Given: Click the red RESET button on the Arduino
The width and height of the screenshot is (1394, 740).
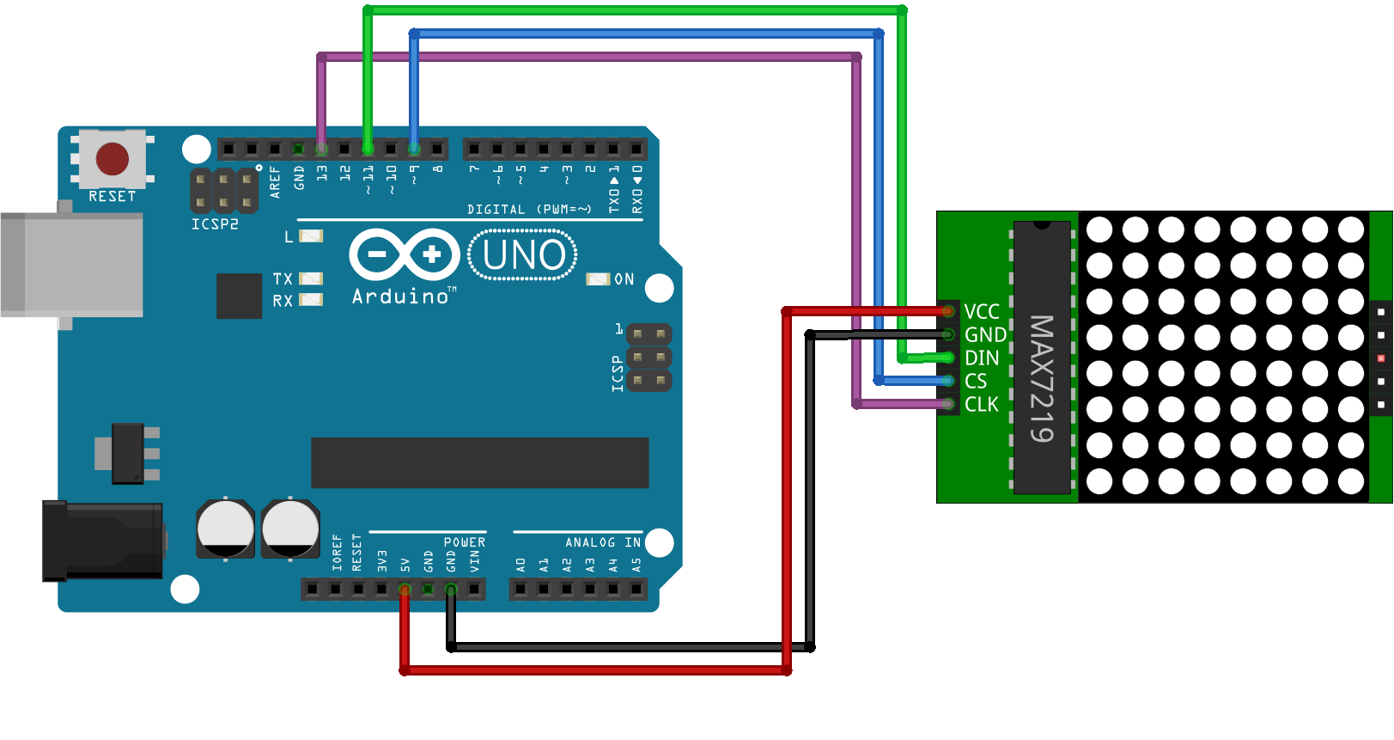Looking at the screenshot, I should [113, 158].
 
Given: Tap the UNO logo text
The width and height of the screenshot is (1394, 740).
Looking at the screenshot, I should [524, 255].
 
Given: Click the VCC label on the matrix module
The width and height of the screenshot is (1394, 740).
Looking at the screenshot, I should [982, 311].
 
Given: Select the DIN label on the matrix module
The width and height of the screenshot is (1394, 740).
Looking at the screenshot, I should [982, 358].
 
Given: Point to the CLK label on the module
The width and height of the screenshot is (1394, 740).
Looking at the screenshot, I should [982, 404].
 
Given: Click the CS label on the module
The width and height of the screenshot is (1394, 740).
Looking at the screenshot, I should [976, 381].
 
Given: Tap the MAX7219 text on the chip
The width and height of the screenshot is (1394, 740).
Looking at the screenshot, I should [1042, 378].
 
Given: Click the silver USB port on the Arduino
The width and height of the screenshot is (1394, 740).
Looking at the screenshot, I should [72, 265].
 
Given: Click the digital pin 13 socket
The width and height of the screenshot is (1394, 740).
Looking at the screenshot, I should [321, 150].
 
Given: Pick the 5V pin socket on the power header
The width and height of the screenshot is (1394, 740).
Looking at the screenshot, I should [405, 589].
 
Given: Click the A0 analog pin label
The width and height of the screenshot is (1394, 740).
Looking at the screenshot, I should [520, 565].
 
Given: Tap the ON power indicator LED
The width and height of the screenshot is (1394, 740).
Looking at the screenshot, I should [598, 279].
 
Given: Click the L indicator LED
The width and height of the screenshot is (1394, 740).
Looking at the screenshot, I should [311, 235].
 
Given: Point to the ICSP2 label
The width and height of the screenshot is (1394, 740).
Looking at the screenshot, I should [215, 224].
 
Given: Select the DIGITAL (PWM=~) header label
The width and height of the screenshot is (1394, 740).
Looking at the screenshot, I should [529, 209].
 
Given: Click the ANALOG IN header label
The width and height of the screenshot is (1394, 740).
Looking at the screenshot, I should [603, 542].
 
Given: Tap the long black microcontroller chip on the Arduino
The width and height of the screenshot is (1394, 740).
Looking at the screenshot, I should [479, 462].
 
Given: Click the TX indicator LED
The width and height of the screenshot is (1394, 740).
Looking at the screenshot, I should [311, 278].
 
